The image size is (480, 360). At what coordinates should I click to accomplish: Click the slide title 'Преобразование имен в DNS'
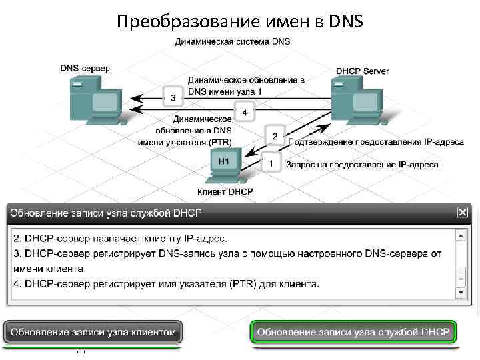[239, 22]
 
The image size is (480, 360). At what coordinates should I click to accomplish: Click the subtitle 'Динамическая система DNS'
[233, 41]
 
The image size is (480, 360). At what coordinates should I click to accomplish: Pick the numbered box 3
[173, 98]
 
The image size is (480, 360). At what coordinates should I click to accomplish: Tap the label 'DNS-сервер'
[85, 68]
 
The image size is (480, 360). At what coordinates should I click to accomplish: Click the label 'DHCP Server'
[363, 71]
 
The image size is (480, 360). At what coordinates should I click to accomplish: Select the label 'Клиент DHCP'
[225, 192]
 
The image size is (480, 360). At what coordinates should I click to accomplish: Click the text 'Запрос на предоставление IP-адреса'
[362, 164]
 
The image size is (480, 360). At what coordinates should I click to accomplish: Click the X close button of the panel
[462, 212]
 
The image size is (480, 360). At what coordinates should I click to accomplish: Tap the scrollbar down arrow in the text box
[460, 293]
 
